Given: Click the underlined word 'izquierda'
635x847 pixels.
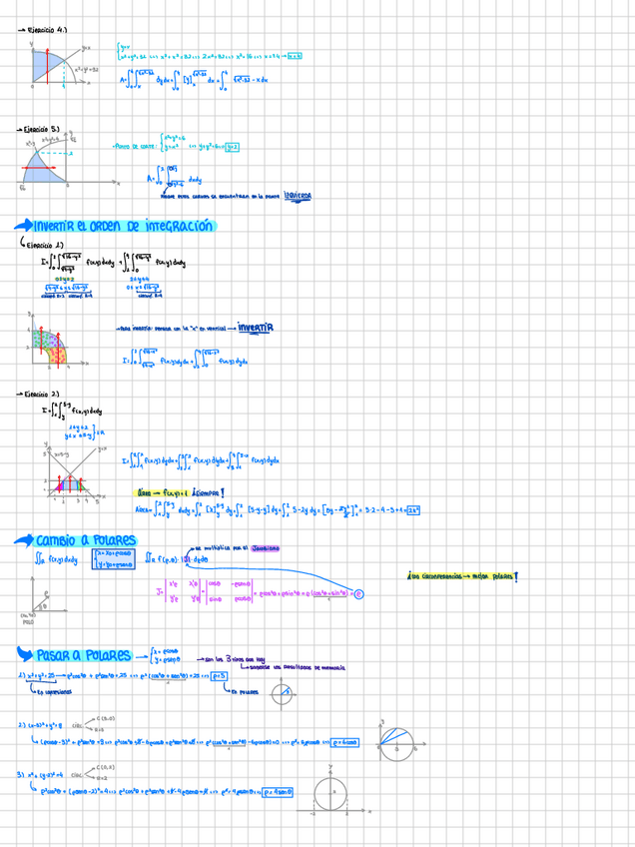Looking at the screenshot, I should point(297,196).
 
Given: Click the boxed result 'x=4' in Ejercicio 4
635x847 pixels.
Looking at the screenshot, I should point(295,57).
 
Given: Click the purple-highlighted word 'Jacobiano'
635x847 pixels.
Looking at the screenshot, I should point(261,547).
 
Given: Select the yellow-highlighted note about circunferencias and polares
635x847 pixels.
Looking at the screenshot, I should point(461,576).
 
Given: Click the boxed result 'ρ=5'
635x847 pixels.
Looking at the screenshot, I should point(219,675).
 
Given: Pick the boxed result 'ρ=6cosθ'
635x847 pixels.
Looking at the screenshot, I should point(344,741).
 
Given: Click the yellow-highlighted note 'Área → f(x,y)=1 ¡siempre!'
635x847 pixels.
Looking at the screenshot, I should point(180,492).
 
